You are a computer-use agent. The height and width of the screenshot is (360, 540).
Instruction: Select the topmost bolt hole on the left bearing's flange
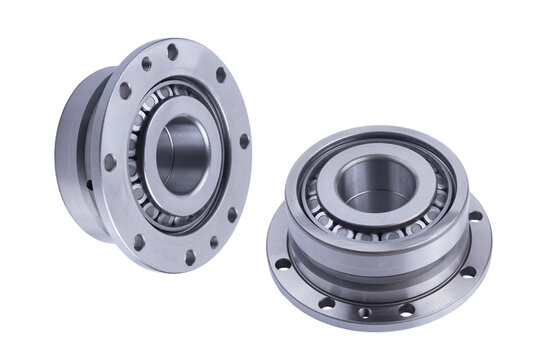(x=172, y=51)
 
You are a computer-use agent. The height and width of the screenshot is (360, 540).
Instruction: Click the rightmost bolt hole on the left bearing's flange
(x=244, y=141)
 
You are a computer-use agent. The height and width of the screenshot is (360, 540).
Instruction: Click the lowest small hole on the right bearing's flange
(x=365, y=313)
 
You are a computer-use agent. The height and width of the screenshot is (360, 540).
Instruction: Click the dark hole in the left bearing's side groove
(x=89, y=184)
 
